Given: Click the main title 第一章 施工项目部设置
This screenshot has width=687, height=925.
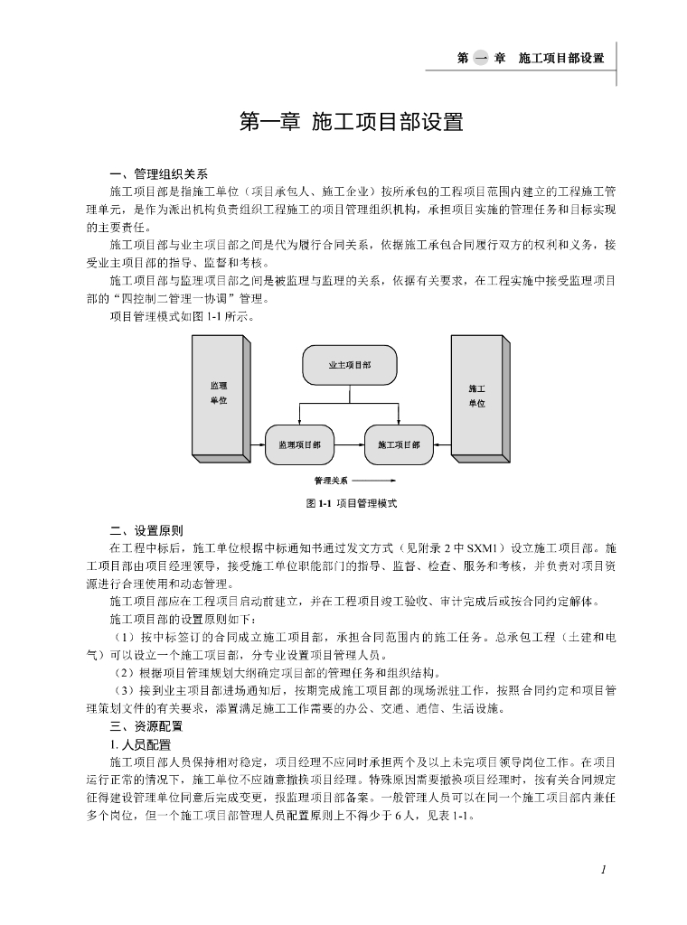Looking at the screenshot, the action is (350, 122).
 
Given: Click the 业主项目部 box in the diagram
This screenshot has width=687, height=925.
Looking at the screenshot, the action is (349, 365).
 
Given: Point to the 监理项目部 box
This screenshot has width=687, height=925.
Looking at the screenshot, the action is (299, 444).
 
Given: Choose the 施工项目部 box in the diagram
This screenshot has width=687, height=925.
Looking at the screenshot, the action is (399, 444).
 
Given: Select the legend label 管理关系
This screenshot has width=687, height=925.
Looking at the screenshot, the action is (331, 481).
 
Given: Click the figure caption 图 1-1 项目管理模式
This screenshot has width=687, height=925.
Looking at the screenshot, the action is (351, 503).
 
